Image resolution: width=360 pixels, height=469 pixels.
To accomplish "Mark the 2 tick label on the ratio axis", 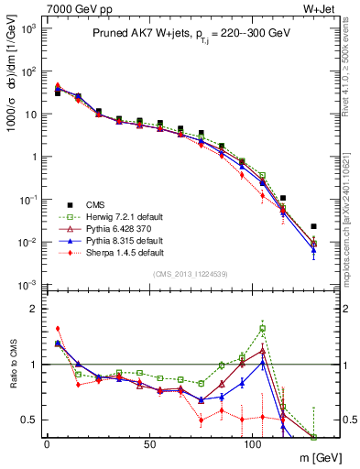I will tap(37, 309).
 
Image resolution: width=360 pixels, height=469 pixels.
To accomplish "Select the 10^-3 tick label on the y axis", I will tap(29, 286).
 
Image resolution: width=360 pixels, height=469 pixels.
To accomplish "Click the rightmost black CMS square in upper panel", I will tap(313, 226).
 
